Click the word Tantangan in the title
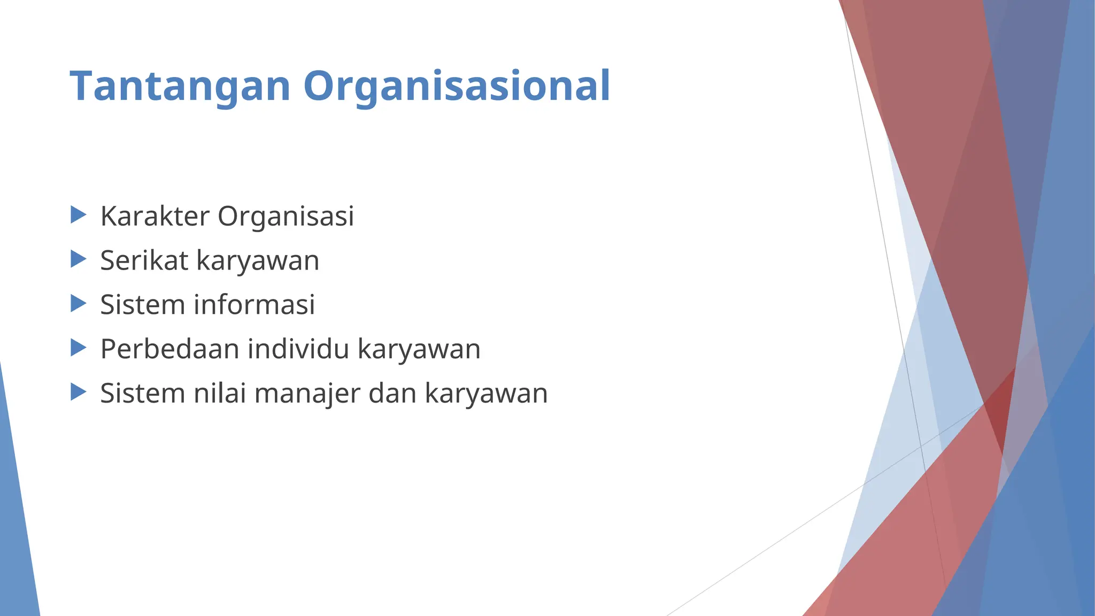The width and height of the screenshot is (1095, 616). coord(180,86)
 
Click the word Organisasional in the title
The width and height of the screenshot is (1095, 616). coord(457,86)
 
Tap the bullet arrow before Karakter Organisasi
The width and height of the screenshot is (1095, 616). coord(78,215)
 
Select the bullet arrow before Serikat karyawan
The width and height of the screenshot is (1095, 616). coord(78,260)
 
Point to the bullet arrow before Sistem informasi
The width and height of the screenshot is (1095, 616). coord(78,304)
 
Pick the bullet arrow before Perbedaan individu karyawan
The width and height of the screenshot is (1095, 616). coord(78,348)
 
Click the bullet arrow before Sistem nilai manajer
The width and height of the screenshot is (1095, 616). coord(78,392)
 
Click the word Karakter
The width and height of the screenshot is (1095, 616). coord(155,217)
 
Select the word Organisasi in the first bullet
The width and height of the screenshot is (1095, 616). coord(286,217)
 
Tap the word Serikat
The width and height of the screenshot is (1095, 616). coord(144,261)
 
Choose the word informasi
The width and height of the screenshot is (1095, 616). coord(254,305)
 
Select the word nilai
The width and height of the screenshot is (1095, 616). coord(220,394)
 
